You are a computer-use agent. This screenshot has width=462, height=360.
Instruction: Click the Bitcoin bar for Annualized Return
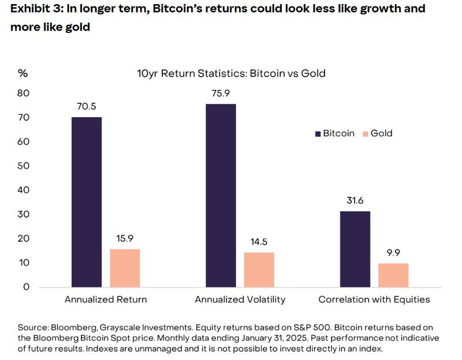pos(87,202)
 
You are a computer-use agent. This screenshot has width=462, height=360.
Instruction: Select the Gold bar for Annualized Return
pos(125,268)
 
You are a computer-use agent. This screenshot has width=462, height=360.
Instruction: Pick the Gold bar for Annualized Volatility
pos(259,269)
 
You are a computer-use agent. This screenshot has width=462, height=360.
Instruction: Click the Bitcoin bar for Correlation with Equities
pos(355,249)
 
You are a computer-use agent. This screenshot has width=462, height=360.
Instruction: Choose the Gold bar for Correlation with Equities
pos(393,275)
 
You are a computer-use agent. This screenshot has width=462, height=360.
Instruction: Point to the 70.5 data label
pos(87,106)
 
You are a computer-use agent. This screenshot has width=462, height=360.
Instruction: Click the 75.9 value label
pos(221,93)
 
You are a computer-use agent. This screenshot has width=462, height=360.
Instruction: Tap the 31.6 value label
pos(355,200)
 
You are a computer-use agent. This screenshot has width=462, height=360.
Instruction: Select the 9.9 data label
pos(393,253)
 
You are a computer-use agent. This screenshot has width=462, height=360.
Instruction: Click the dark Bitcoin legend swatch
pos(318,134)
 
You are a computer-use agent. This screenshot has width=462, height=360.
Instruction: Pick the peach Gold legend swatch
pos(365,134)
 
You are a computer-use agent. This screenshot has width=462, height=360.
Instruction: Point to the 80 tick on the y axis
pos(24,93)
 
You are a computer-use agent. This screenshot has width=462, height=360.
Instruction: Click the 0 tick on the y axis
pos(26,287)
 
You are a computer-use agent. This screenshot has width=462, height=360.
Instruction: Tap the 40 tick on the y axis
pos(24,190)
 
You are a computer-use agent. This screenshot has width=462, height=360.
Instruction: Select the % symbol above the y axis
pos(23,73)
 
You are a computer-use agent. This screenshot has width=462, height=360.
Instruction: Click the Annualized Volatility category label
pos(240,299)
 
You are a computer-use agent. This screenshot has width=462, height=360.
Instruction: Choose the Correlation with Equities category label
pos(374,299)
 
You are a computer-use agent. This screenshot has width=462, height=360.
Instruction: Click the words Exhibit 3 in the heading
pos(34,9)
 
